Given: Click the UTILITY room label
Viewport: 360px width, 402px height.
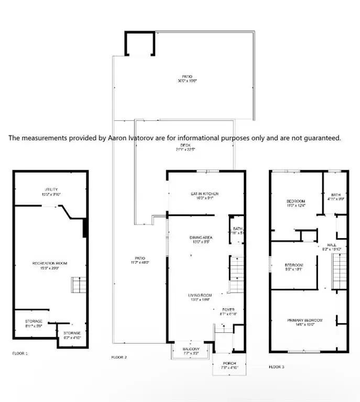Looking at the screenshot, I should [x=51, y=189].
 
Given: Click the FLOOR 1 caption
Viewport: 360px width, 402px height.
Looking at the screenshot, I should [x=20, y=353].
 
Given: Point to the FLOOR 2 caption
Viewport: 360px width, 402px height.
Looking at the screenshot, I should [x=119, y=358].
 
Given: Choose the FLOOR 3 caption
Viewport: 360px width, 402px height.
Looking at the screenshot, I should [x=277, y=367].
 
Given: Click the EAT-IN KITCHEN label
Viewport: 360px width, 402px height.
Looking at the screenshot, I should [x=204, y=194].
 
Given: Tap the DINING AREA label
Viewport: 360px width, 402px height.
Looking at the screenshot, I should [x=201, y=238].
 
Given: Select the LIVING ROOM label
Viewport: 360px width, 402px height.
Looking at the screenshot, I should [x=200, y=295].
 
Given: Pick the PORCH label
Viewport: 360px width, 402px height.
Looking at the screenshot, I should [x=228, y=363].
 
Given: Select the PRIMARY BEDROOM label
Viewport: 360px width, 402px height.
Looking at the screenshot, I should [x=304, y=320].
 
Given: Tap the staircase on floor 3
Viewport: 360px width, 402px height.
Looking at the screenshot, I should [x=341, y=270].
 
